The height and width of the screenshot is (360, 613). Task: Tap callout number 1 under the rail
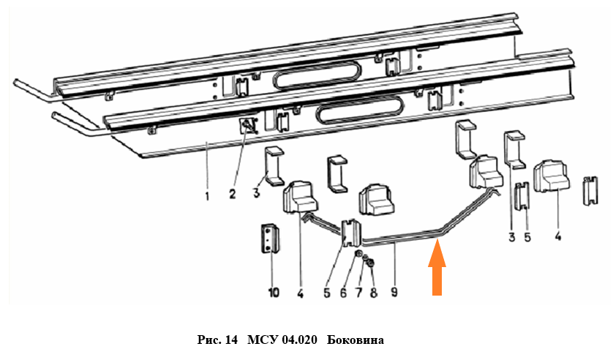click(x=207, y=195)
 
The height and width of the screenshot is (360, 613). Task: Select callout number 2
click(x=233, y=193)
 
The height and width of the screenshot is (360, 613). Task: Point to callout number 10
click(x=274, y=292)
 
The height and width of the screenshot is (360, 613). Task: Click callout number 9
click(x=394, y=292)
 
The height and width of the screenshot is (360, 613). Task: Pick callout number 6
click(x=343, y=293)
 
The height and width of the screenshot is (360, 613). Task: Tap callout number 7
click(x=358, y=293)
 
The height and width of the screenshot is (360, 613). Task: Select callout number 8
click(x=374, y=293)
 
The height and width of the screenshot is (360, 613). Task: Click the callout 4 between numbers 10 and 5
click(x=300, y=293)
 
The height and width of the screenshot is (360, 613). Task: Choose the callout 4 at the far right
click(x=558, y=236)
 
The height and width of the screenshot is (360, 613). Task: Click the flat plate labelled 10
click(x=269, y=239)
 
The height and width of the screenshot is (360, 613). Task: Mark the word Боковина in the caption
click(x=355, y=340)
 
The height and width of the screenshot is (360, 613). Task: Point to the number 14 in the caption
click(x=231, y=340)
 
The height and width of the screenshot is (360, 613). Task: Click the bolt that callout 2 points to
click(x=247, y=127)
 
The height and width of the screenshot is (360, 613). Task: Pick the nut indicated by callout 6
click(x=358, y=255)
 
